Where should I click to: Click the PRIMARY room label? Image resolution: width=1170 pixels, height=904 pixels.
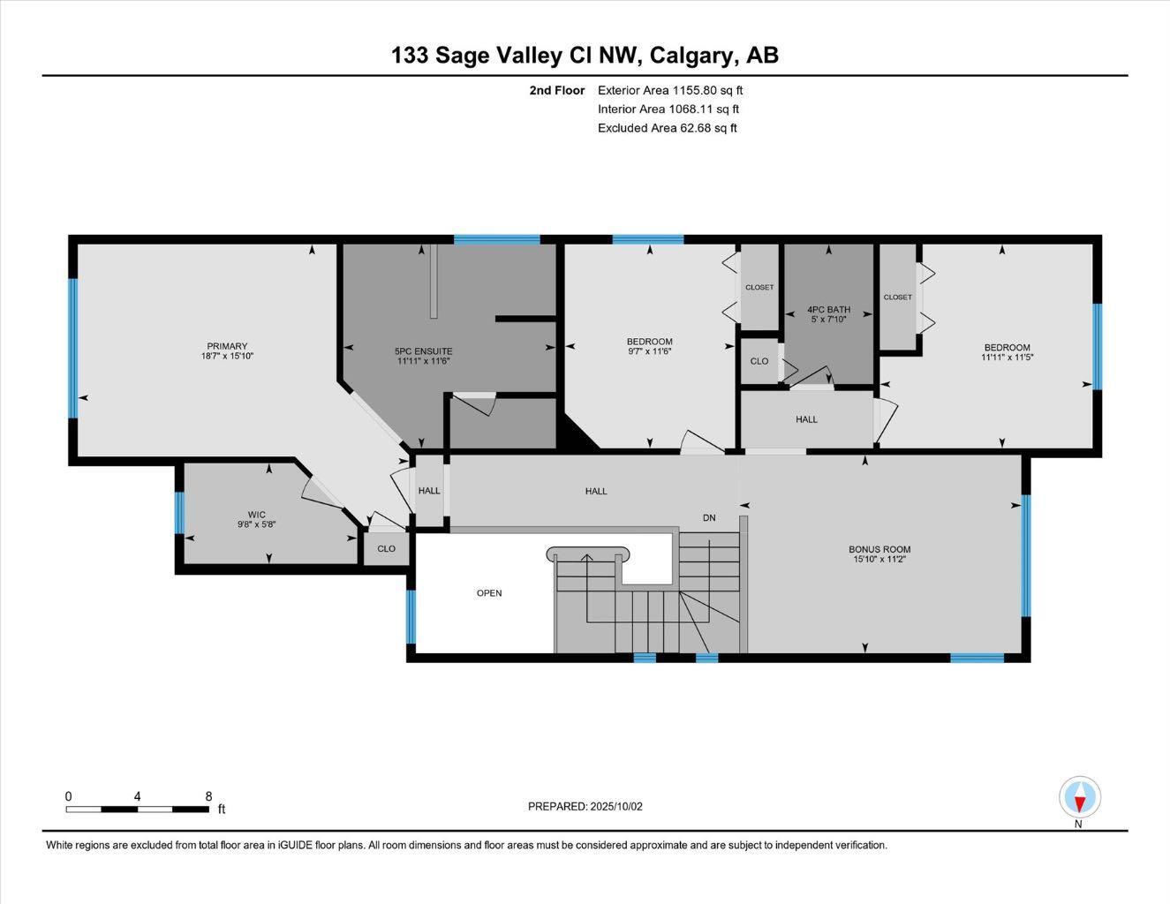[x=227, y=346]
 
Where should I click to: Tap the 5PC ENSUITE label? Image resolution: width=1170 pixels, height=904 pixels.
[x=423, y=351]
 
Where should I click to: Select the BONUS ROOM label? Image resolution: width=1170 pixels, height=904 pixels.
[x=879, y=549]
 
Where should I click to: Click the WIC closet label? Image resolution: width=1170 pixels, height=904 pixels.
[x=256, y=515]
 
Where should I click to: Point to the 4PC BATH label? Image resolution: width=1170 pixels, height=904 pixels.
[x=828, y=310]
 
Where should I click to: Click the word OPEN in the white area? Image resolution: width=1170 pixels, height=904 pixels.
[x=489, y=593]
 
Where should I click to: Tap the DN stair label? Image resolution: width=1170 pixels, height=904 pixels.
[x=709, y=518]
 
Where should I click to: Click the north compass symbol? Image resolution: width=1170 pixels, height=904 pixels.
[x=1079, y=798]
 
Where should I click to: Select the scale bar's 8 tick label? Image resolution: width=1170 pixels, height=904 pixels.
[x=208, y=796]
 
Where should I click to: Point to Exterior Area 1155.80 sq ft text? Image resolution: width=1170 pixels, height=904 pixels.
[x=670, y=90]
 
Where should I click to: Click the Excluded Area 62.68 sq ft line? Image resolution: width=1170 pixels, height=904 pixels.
[x=667, y=128]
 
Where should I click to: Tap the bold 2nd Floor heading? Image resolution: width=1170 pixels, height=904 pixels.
[x=556, y=90]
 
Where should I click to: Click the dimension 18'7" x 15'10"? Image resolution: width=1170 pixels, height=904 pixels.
[x=227, y=357]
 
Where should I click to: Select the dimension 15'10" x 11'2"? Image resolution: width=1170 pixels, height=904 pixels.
[x=879, y=559]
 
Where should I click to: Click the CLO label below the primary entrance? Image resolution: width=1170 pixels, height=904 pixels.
[x=386, y=549]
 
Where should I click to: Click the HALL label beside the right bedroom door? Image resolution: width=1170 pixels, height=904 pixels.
[x=806, y=419]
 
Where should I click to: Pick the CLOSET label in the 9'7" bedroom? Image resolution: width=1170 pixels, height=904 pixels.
[x=759, y=288]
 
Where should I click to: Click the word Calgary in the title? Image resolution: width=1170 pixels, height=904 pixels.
[x=691, y=56]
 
